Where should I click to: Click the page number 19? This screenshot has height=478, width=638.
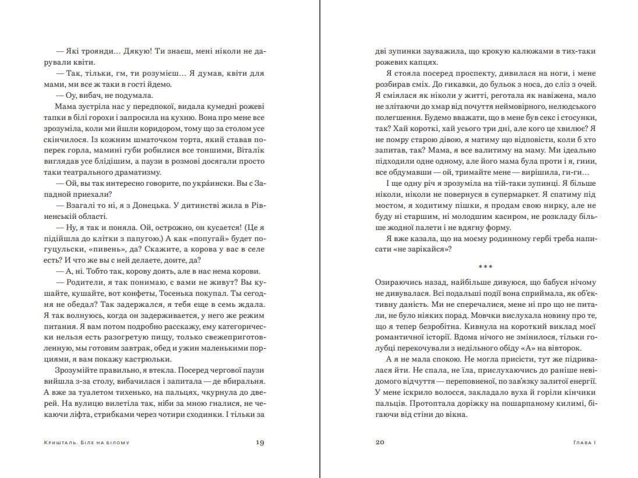(260, 442)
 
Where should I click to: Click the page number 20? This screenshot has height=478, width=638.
(379, 442)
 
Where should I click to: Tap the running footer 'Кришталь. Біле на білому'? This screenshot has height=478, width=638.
(86, 442)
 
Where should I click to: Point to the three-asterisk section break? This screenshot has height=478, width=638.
(485, 267)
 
